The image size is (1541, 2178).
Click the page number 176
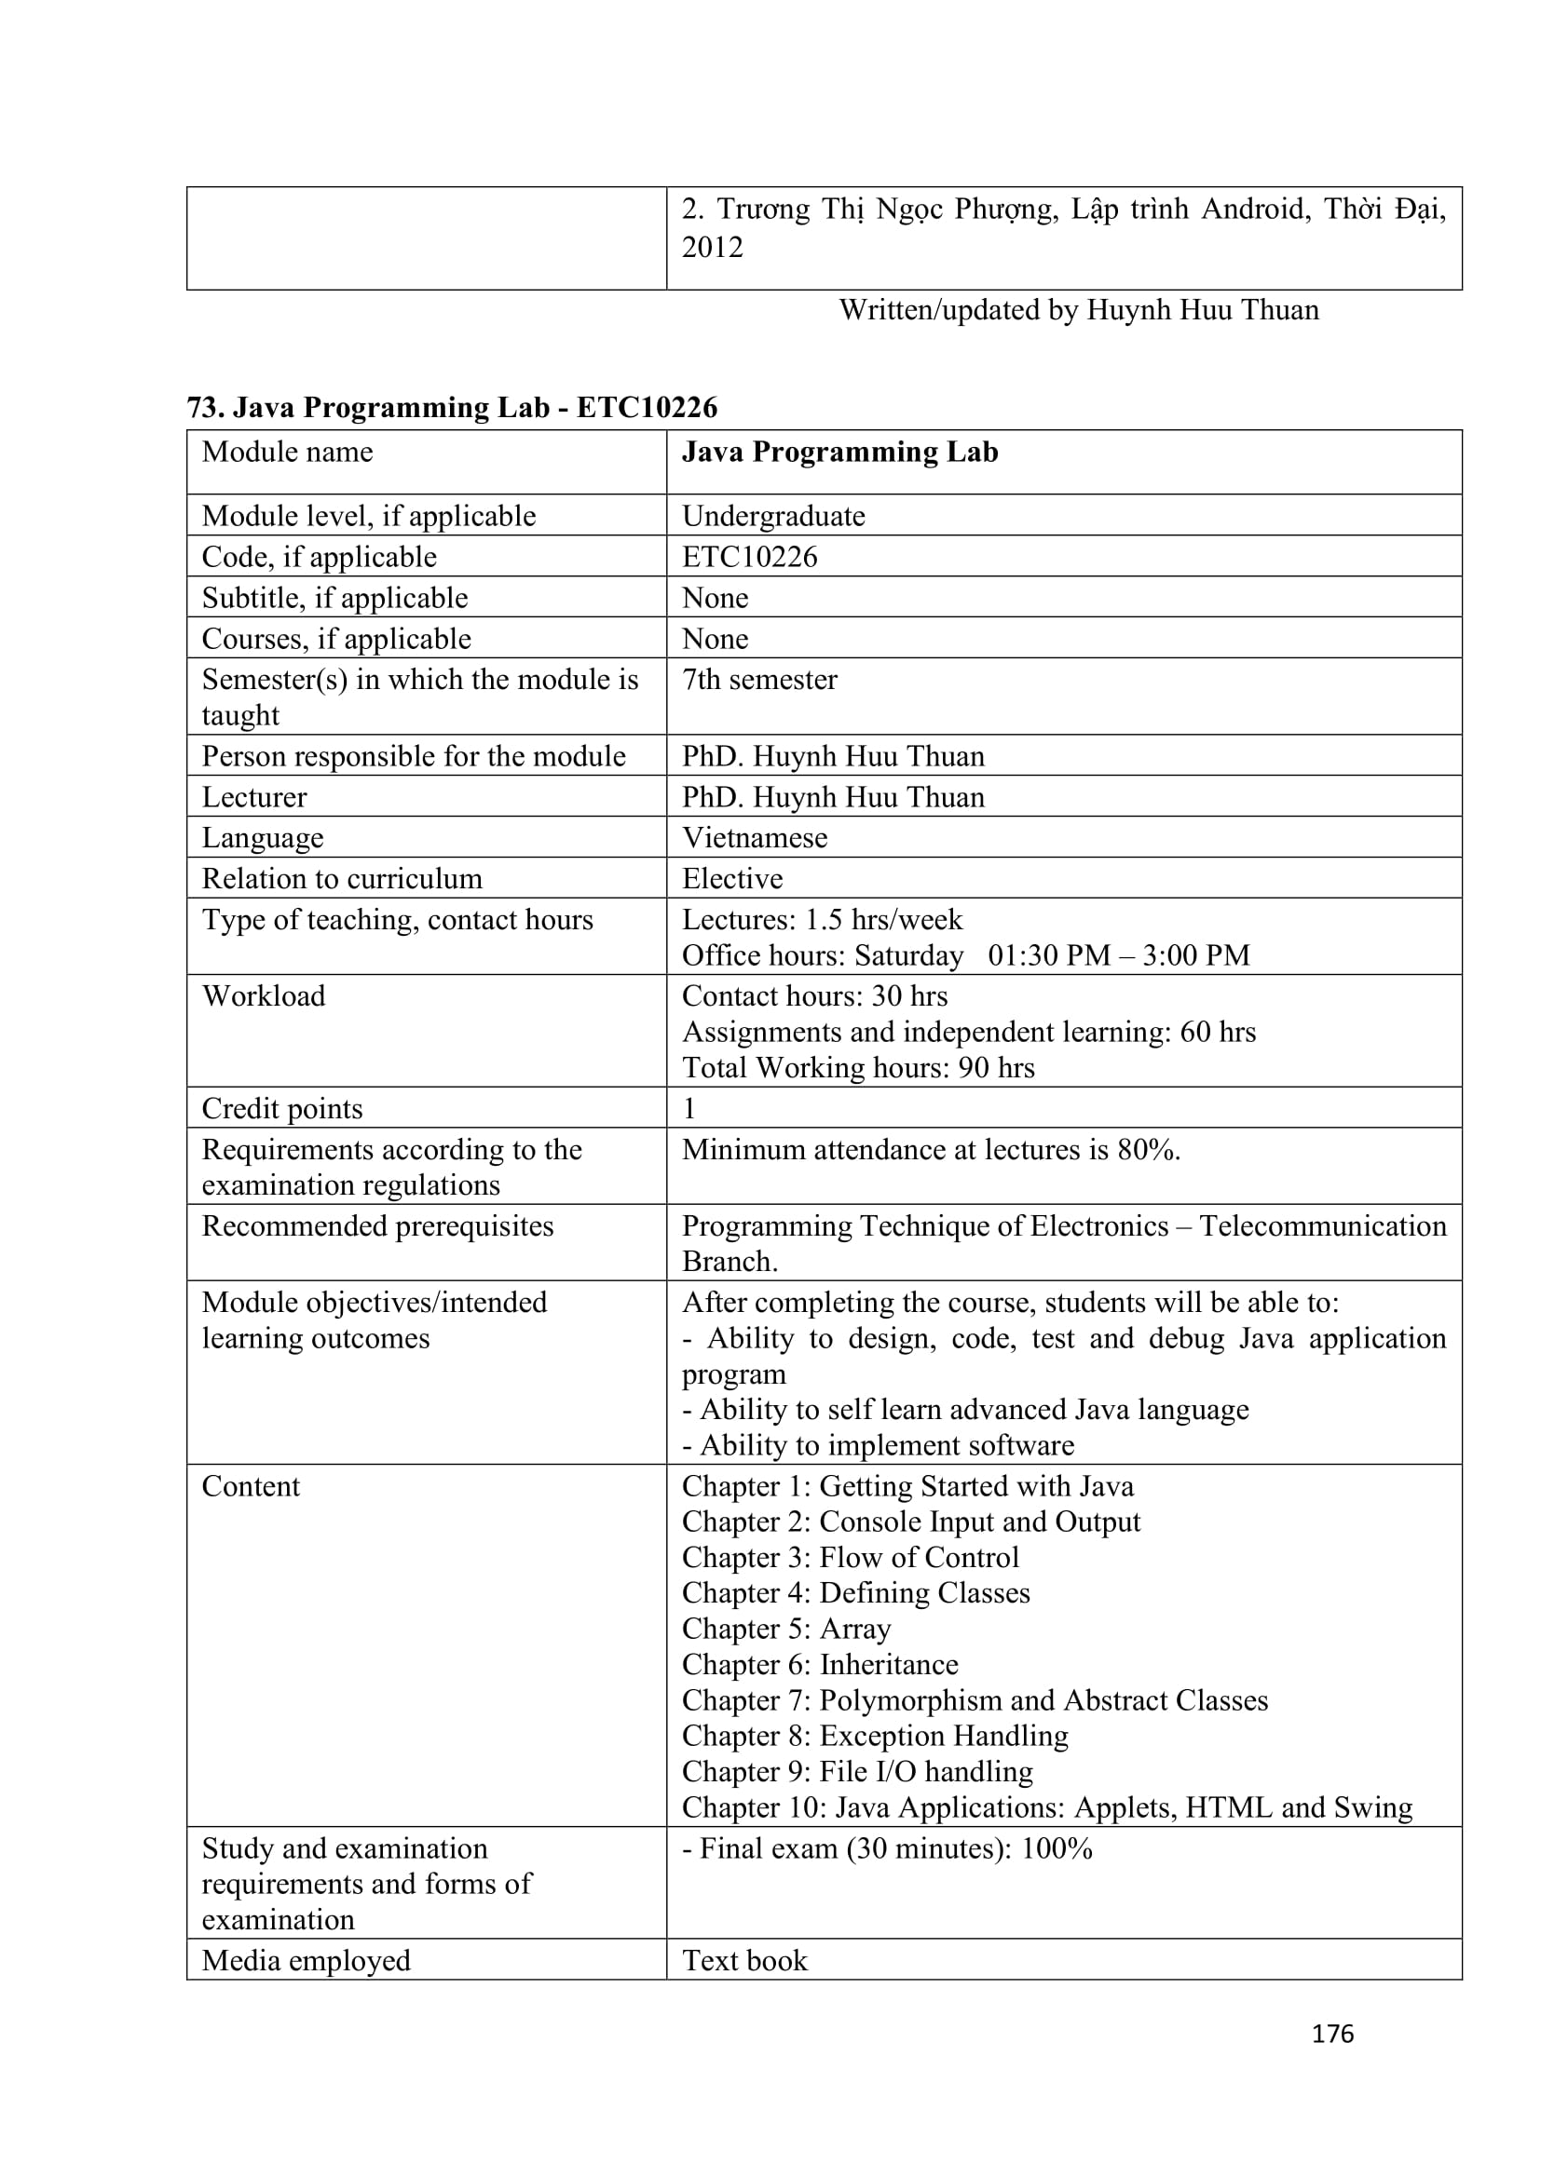click(1331, 2033)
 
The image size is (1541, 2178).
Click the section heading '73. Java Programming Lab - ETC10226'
click(452, 407)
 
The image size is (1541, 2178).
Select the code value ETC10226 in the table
click(749, 557)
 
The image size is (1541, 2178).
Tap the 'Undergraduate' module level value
click(772, 516)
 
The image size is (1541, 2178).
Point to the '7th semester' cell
click(759, 679)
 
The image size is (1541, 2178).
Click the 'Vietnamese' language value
click(755, 838)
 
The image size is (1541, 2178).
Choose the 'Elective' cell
click(731, 878)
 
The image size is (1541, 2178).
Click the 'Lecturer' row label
click(254, 797)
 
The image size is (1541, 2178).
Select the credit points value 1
click(689, 1108)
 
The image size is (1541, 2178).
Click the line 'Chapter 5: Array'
click(785, 1629)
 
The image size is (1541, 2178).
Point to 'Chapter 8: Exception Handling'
click(874, 1735)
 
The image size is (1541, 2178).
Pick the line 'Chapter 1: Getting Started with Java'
click(907, 1485)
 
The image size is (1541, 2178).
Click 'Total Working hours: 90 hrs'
click(858, 1067)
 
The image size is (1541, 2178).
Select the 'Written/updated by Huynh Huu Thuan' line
click(1078, 310)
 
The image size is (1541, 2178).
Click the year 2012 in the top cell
click(712, 248)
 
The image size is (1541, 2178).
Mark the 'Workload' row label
click(264, 996)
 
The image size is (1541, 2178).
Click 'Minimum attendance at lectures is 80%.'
click(931, 1150)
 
